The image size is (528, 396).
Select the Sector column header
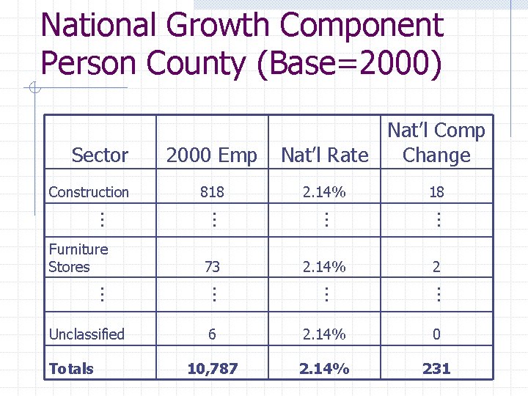click(x=100, y=155)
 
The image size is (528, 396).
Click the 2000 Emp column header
click(x=211, y=155)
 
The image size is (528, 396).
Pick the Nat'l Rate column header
click(x=324, y=155)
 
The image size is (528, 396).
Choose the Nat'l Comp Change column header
click(x=436, y=143)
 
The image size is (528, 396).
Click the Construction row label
click(x=89, y=192)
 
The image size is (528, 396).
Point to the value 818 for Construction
click(x=212, y=192)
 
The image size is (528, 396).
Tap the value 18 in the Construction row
click(x=436, y=192)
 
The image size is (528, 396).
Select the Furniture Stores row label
click(x=78, y=258)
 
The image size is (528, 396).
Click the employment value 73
click(x=212, y=267)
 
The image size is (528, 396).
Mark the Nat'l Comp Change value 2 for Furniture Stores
click(x=436, y=267)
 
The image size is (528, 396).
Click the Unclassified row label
click(x=87, y=334)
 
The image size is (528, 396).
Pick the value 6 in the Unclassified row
click(x=212, y=334)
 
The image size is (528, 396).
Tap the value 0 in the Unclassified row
click(x=436, y=334)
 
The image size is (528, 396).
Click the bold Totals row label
click(x=71, y=369)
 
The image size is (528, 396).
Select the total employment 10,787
click(x=212, y=369)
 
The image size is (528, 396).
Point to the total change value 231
click(x=436, y=369)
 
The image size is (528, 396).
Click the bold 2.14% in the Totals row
click(x=324, y=369)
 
